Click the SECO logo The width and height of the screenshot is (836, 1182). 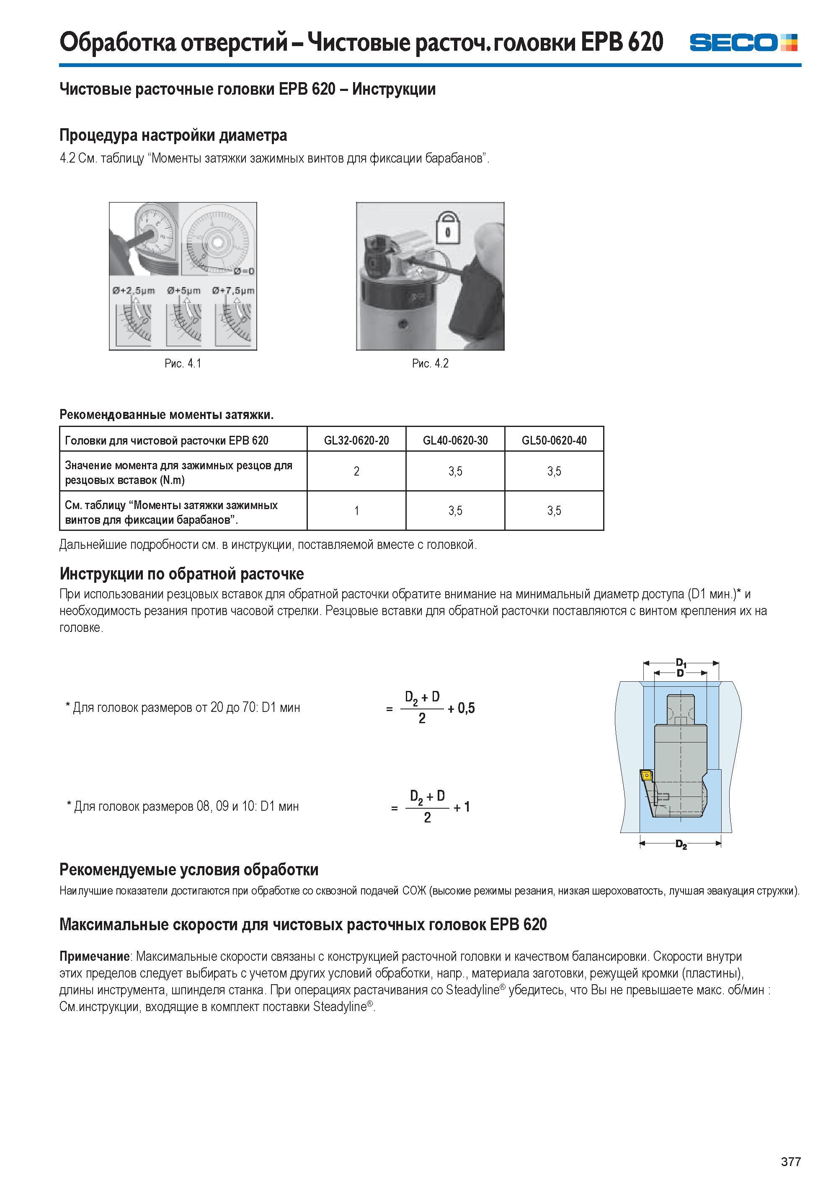click(743, 42)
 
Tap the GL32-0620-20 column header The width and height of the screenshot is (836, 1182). click(356, 440)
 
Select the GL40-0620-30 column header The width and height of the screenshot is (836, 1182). click(455, 440)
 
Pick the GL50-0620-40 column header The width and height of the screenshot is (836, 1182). click(554, 440)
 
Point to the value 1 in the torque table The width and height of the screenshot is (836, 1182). click(356, 511)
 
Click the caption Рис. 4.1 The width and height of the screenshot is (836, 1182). click(183, 364)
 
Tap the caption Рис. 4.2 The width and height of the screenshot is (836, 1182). click(430, 364)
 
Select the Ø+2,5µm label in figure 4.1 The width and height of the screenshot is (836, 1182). click(133, 291)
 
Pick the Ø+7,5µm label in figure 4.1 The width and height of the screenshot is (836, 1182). click(233, 291)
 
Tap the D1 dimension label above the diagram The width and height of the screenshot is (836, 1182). click(681, 663)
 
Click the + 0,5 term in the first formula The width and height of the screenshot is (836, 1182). click(461, 709)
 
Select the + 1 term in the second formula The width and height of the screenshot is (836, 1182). click(462, 807)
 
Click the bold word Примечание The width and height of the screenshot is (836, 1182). click(95, 957)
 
